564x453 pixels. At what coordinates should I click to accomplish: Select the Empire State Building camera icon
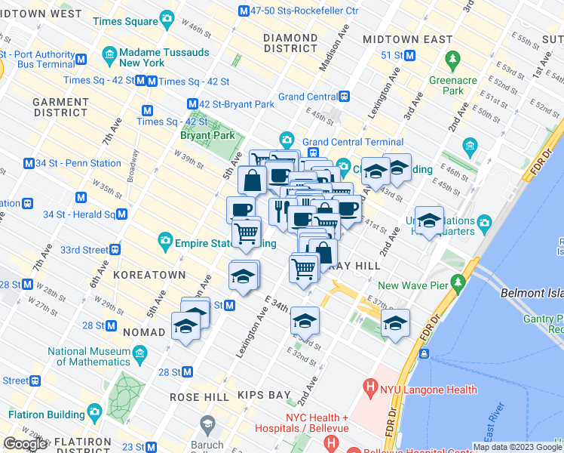164,241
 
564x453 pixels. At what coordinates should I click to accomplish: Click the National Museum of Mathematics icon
139,353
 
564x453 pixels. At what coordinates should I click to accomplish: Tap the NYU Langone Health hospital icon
370,390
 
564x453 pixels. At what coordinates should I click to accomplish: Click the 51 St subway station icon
410,55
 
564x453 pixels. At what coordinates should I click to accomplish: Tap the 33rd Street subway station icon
115,249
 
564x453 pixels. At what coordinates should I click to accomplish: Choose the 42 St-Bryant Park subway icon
193,104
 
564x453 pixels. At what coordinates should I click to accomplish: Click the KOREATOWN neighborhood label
143,276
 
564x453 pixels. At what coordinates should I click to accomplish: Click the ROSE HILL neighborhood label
195,396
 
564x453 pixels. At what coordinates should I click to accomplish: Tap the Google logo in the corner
25,443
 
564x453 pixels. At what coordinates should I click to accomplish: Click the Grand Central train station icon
344,96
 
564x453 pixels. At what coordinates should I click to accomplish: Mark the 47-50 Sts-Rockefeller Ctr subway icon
243,11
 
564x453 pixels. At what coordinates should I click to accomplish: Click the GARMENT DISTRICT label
60,107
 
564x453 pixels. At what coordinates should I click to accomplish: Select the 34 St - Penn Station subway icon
29,163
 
